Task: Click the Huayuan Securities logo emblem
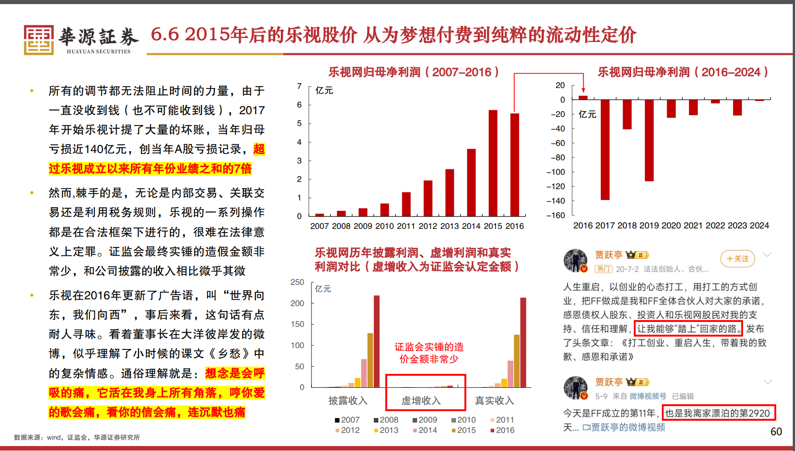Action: [39, 40]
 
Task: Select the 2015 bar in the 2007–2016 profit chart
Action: [493, 163]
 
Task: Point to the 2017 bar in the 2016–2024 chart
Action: [605, 149]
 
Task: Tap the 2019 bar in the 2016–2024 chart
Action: [649, 140]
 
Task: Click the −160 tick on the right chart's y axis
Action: [556, 215]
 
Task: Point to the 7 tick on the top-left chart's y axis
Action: [299, 86]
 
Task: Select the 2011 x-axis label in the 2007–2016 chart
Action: [406, 226]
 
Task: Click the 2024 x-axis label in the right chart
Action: [759, 225]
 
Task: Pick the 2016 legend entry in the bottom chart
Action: [502, 430]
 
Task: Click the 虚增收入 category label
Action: [421, 401]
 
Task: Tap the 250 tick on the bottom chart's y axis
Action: [297, 282]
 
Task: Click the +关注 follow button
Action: [738, 259]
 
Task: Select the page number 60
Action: [776, 432]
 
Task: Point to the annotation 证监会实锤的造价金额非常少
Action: [429, 353]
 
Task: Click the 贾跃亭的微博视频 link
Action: [624, 427]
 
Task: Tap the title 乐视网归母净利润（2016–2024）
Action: [683, 72]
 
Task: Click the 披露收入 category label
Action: [348, 401]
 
